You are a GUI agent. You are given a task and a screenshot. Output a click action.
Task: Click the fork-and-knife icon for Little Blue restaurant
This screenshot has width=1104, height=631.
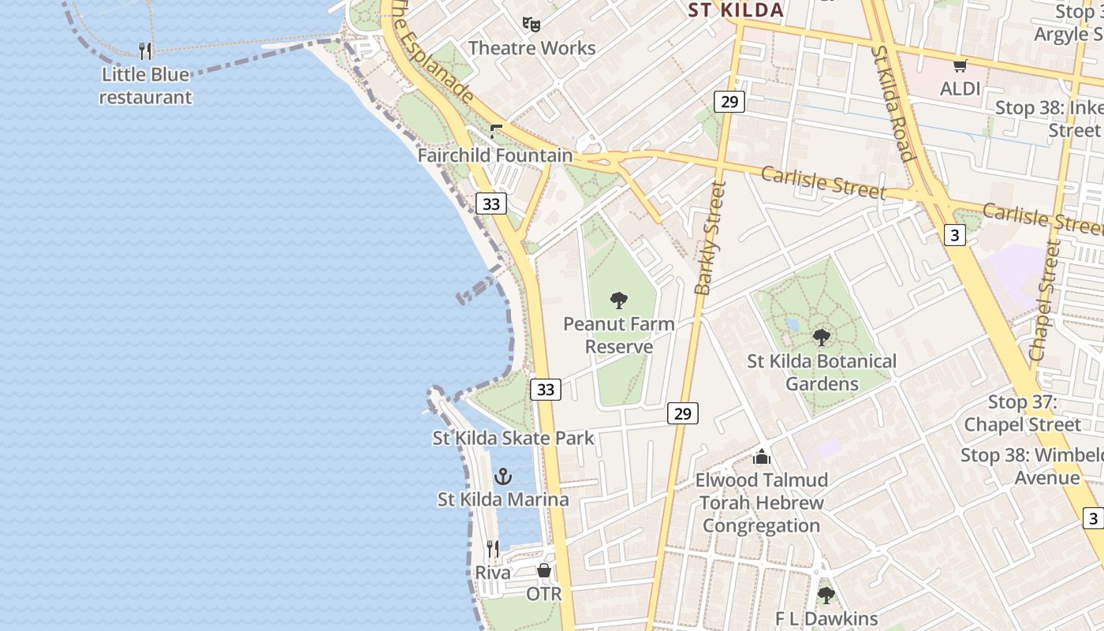(x=145, y=51)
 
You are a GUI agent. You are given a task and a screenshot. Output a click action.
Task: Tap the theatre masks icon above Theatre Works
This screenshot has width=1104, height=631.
(x=531, y=25)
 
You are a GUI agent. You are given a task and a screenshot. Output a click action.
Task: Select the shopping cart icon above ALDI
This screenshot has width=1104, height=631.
(x=960, y=66)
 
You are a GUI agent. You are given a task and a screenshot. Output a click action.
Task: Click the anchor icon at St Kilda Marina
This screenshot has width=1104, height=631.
(x=502, y=476)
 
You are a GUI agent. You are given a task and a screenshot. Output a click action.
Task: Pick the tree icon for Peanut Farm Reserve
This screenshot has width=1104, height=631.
(x=619, y=301)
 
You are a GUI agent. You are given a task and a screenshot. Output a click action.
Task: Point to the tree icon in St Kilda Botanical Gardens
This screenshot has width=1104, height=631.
(x=822, y=338)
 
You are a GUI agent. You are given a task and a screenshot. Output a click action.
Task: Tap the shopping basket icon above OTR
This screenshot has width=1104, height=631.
(x=544, y=570)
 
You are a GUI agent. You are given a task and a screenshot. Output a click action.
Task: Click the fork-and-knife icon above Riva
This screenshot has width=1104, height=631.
(x=493, y=549)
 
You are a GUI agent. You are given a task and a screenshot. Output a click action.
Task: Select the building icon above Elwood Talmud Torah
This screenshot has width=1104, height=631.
(x=761, y=457)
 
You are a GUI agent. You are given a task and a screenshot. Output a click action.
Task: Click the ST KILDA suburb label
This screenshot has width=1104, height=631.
(x=735, y=10)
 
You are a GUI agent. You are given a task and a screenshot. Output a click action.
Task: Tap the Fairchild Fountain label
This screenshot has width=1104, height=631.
(x=494, y=155)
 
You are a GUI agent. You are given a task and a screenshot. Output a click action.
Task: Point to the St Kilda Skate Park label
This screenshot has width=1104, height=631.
(x=513, y=438)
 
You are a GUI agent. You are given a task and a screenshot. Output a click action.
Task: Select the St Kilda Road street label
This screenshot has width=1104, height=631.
(x=894, y=103)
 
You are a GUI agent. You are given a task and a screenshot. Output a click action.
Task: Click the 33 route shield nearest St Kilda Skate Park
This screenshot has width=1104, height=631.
(x=546, y=389)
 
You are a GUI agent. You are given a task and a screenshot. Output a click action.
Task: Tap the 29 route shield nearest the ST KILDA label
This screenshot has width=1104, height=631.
(x=729, y=101)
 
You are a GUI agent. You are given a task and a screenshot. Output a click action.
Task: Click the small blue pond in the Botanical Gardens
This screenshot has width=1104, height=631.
(x=793, y=324)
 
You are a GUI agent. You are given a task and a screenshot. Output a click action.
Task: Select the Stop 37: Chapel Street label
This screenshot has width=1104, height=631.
(x=1022, y=413)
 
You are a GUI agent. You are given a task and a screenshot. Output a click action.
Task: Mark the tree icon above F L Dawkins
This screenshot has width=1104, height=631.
(x=826, y=595)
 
